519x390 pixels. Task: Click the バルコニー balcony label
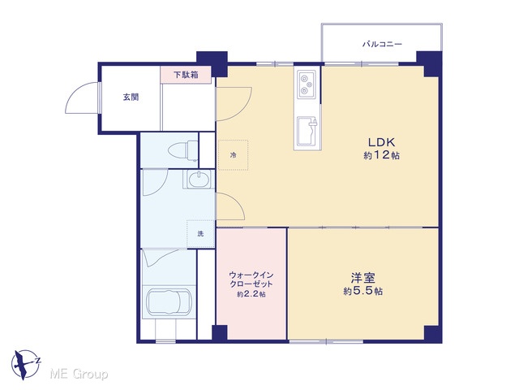point(382,44)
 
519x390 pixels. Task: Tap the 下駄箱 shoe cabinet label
point(186,75)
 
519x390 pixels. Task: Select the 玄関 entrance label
point(131,97)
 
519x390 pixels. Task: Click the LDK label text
point(382,142)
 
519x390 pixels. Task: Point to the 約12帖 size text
point(382,155)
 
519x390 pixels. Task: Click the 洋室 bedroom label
point(363,278)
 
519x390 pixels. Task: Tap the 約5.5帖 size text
point(363,291)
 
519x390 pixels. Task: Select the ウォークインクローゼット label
point(251,279)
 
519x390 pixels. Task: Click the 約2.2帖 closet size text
point(251,294)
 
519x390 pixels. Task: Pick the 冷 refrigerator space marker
point(234,155)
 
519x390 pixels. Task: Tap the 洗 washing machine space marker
point(200,234)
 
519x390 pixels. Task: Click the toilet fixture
point(183,150)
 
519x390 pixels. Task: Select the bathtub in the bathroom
point(169,303)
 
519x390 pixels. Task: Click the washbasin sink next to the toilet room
point(199,180)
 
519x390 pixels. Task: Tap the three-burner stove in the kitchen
point(307,84)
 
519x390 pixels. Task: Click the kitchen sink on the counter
point(307,132)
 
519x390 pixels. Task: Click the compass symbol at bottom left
point(25,365)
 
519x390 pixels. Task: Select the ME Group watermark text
point(79,375)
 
